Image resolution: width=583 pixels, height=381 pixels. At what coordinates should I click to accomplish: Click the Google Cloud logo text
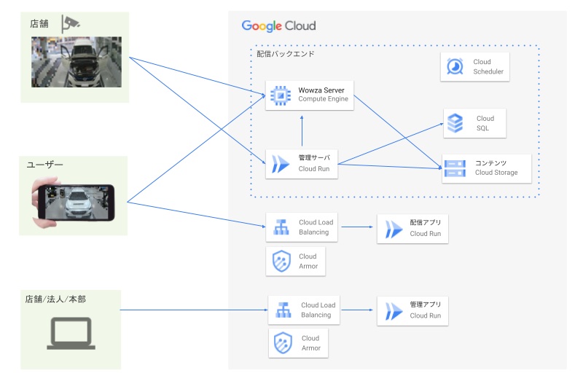278,26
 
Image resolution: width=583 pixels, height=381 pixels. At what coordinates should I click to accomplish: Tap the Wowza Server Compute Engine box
310,95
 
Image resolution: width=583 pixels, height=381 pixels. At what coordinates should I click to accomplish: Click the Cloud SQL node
475,123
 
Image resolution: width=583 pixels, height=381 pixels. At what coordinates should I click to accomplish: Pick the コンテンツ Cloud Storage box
486,168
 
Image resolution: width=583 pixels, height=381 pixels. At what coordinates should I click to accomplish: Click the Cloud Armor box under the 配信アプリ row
296,262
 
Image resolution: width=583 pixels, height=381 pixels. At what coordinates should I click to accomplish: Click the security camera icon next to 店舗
71,23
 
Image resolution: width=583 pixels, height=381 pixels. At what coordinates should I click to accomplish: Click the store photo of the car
76,62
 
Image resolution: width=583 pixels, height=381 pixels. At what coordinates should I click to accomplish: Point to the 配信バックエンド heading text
285,54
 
